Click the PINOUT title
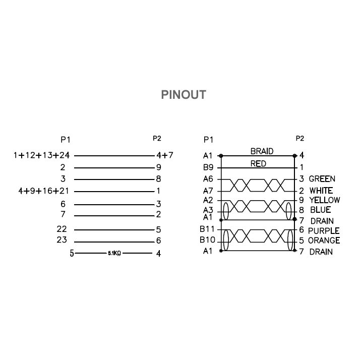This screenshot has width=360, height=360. point(183,95)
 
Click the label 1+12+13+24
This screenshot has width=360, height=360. point(41,155)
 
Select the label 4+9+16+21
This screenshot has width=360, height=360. point(41,191)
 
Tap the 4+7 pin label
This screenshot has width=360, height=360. point(164,155)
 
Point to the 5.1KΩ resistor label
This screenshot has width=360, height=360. point(114,254)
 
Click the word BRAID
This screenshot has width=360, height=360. point(262,151)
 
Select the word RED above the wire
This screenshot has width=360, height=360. point(258,164)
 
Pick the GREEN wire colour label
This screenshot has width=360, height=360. point(322,179)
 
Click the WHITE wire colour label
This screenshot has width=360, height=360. point(321,191)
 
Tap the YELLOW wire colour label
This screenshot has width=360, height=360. point(324,200)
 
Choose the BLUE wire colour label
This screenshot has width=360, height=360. point(320,210)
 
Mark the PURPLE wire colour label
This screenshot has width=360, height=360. point(324,231)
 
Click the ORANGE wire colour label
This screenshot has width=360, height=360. point(324,241)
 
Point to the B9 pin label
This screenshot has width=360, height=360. point(208,167)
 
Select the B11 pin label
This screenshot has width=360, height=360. point(207,230)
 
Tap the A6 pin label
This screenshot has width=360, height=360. point(208,179)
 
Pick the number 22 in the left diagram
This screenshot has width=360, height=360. point(62,229)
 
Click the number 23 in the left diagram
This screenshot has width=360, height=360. point(62,240)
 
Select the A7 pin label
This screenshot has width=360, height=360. point(208,191)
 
